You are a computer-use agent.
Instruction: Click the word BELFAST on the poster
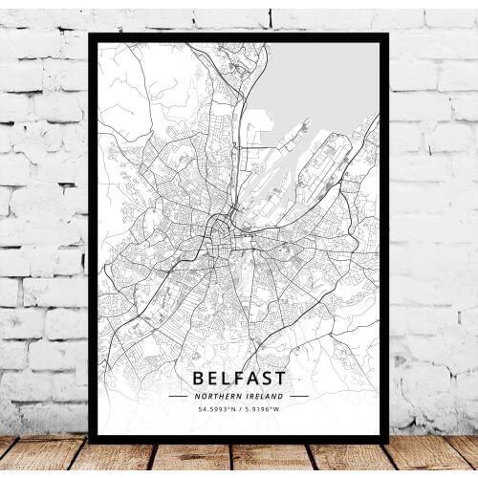pos(238,378)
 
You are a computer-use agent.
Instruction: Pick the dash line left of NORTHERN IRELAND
pos(179,395)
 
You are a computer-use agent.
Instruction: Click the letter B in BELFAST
pos(198,378)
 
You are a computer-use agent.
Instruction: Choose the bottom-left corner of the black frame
pos(91,441)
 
